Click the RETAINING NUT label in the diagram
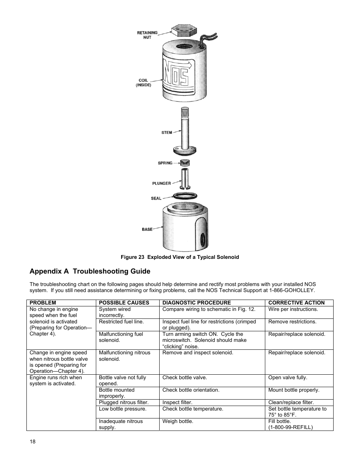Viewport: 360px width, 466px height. click(x=147, y=35)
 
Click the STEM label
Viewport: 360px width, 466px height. click(x=166, y=132)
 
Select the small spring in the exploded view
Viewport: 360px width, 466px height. click(x=184, y=163)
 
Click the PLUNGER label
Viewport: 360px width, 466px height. click(x=162, y=183)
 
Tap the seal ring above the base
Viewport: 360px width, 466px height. click(x=185, y=196)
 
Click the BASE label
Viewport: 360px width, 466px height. click(x=147, y=229)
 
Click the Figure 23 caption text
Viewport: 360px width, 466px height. click(x=180, y=257)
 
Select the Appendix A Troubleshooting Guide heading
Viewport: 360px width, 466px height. click(x=90, y=271)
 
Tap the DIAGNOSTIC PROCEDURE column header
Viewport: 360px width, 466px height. click(x=197, y=303)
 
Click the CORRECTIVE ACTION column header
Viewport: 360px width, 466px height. click(x=296, y=303)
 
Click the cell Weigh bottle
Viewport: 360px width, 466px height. click(x=178, y=421)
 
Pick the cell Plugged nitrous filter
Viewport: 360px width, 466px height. click(x=124, y=402)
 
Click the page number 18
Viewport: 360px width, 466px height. click(x=32, y=442)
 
